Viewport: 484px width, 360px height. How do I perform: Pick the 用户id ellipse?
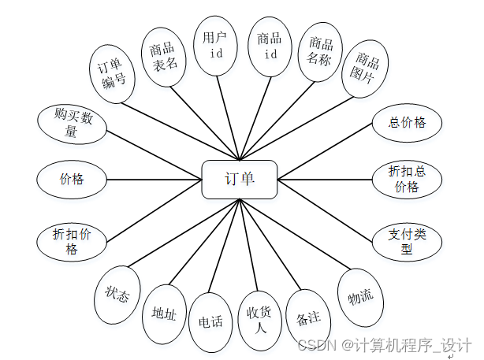[216, 46]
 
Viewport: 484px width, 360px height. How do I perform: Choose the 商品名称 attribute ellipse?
[320, 52]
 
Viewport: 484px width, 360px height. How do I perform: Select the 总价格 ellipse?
[407, 122]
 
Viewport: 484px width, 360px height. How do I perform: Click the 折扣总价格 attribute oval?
[407, 180]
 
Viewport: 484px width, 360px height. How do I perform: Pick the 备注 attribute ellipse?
[307, 319]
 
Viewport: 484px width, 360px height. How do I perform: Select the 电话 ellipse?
[210, 321]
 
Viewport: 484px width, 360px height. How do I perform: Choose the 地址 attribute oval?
[164, 314]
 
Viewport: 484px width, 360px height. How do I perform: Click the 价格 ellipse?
[71, 179]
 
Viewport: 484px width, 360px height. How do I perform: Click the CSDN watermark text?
[384, 345]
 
